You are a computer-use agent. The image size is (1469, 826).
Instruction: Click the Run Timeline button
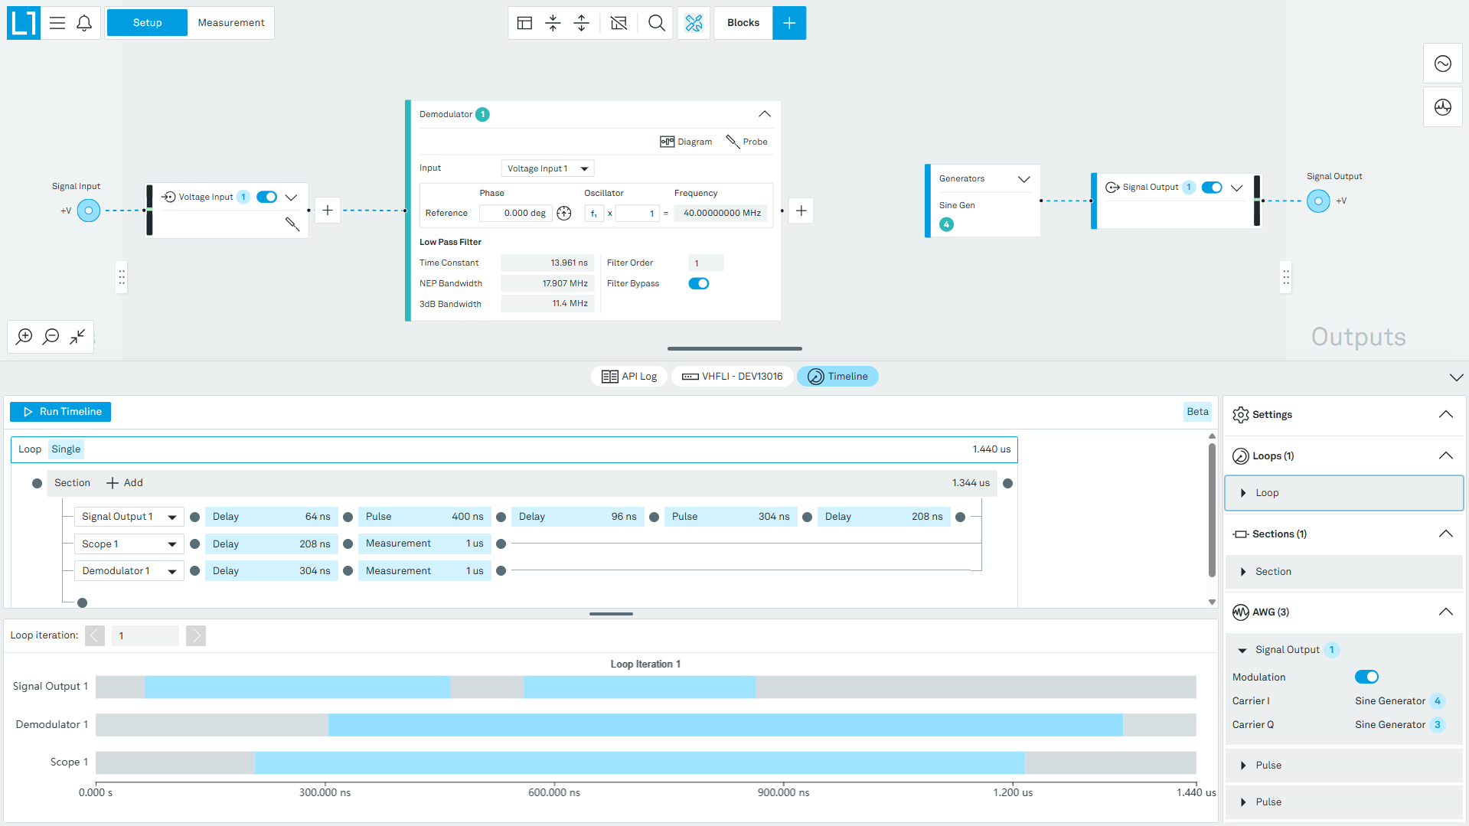(60, 412)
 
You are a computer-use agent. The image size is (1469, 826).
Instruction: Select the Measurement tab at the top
(231, 23)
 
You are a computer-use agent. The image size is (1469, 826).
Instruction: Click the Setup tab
(147, 23)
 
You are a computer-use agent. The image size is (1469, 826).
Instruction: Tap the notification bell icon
(84, 23)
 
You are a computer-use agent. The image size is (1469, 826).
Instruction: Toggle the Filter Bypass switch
(698, 283)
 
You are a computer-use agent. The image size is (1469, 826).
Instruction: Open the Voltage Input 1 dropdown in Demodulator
(547, 168)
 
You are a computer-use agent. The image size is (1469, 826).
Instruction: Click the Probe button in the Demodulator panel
(746, 142)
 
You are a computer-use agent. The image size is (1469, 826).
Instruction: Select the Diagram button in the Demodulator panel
(686, 142)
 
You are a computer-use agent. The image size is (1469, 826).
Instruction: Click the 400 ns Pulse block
(424, 517)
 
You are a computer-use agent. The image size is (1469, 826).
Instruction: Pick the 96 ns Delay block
(577, 517)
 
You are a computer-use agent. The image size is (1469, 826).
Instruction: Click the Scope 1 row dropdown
(129, 544)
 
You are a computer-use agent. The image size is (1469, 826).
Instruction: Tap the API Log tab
(629, 377)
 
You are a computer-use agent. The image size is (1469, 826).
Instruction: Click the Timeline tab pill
(837, 377)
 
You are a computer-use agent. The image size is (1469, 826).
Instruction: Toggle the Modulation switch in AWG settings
(1366, 677)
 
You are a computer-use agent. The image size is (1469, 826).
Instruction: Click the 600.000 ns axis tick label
(554, 792)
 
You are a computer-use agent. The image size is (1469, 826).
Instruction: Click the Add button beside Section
(125, 483)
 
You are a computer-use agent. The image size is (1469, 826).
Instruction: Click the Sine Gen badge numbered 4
(947, 224)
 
